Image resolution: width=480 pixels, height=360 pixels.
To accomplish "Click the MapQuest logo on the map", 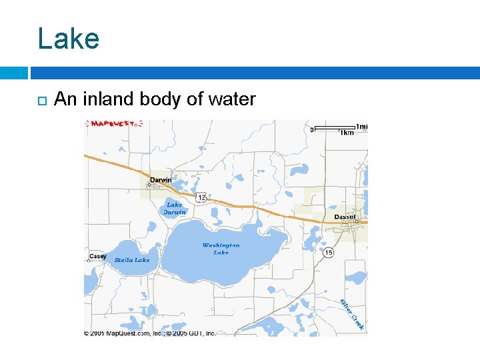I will point(114,124).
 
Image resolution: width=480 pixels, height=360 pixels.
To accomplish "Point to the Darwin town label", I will point(161,180).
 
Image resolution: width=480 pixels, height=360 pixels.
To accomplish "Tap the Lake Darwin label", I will point(174,209).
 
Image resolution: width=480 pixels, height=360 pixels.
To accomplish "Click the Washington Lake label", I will point(221,249).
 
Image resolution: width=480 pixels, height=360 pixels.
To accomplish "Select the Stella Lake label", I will point(132,260).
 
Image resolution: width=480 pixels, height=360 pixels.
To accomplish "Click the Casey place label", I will point(98,256).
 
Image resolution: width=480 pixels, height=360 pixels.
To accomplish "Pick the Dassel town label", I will point(345,217).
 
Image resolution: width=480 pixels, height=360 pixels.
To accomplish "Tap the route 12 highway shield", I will point(201,198).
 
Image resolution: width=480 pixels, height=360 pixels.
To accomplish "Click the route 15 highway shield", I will point(329,253).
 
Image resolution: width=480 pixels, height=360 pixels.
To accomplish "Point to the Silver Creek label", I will point(352,314).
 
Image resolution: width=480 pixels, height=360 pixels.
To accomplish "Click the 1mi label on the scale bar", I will point(362,127).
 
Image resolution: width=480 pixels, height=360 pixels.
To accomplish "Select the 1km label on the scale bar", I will point(347,133).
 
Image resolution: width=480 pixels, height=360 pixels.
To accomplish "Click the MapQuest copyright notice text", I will point(149,333).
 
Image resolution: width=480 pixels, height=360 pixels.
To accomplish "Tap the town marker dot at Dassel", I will point(357,221).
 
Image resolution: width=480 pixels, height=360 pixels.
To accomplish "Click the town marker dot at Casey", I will point(88,261).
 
